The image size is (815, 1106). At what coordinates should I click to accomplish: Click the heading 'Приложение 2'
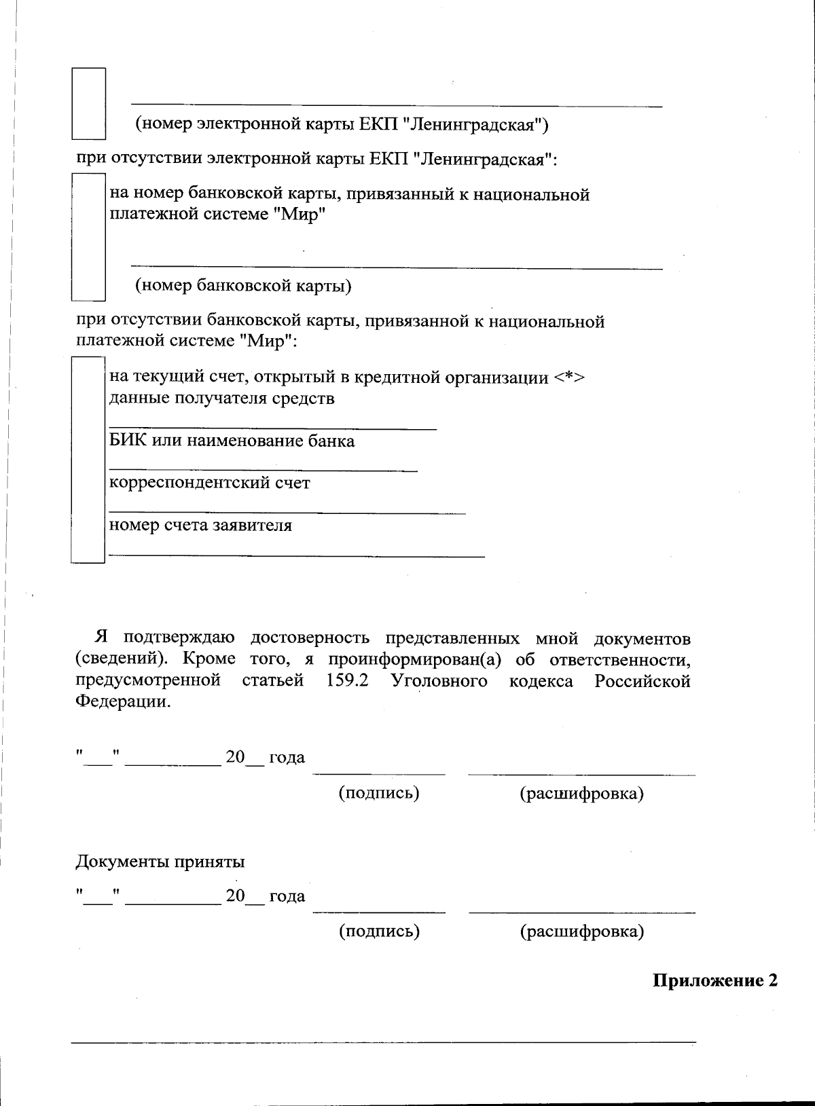point(714,980)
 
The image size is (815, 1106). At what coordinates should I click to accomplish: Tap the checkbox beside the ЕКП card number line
point(89,103)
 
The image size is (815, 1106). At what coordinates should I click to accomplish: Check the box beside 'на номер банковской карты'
point(88,237)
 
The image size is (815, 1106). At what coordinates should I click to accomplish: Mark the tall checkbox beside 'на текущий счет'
point(88,460)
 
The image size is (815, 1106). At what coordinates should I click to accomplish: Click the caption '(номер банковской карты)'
point(243,285)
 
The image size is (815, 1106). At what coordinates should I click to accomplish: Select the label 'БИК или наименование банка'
point(232,441)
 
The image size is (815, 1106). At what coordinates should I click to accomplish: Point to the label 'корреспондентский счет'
point(209,483)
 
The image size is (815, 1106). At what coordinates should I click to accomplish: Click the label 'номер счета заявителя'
point(200,525)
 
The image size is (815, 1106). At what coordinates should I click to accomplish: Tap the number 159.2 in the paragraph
point(347,680)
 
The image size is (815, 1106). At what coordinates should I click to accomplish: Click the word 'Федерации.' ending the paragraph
point(123,701)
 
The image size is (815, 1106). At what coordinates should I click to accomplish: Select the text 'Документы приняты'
point(160,862)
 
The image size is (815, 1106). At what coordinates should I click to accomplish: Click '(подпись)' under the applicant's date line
point(378,792)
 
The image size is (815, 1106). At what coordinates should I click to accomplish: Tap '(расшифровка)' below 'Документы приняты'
point(581,931)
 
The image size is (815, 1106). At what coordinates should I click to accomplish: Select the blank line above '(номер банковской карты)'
point(396,269)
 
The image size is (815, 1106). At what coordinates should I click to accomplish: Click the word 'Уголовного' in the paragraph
point(439,680)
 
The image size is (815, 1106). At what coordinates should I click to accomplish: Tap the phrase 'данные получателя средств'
point(221,398)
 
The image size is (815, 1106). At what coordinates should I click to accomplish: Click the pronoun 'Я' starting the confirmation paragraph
point(101,638)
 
